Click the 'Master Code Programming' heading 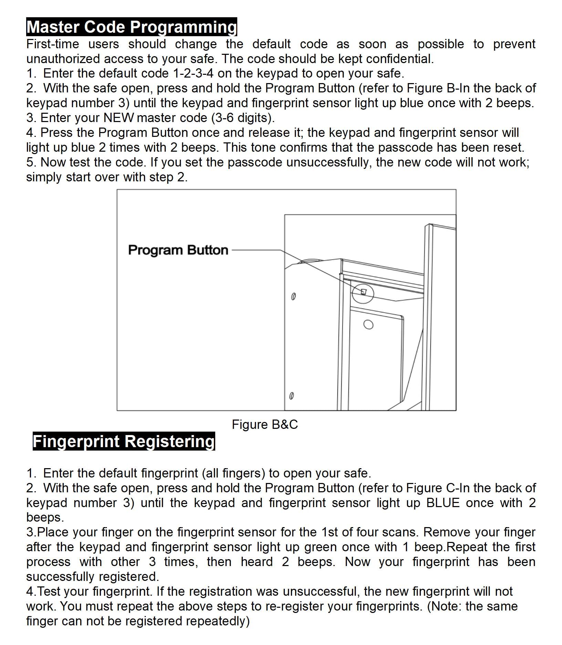pos(132,27)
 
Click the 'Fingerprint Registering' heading pos(124,441)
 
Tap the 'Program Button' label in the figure pos(178,250)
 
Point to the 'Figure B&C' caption pos(264,424)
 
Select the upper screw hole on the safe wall pos(293,296)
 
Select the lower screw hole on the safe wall pos(291,396)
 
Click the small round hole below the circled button pos(368,325)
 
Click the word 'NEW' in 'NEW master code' pos(118,118)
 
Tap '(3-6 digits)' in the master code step pos(241,118)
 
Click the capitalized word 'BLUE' pos(443,503)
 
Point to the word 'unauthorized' pos(63,59)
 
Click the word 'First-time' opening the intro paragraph pos(53,44)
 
